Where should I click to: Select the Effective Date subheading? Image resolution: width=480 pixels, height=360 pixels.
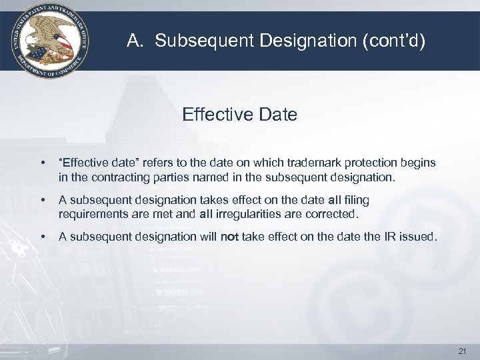point(239,115)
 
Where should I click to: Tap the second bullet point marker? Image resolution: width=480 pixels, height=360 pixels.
point(43,200)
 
